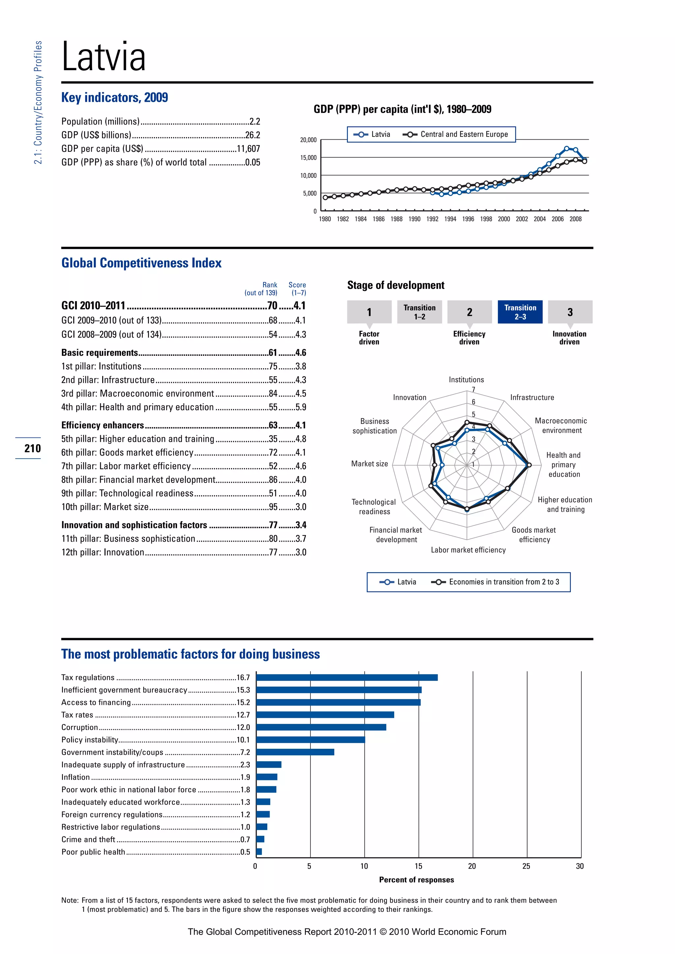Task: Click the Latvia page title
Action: tap(103, 57)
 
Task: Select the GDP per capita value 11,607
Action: tap(248, 149)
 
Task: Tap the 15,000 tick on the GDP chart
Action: tap(308, 157)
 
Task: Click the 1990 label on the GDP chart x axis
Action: tap(414, 219)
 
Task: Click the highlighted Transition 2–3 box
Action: tap(520, 312)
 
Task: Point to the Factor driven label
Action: tap(369, 338)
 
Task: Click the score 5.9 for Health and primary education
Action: tap(301, 407)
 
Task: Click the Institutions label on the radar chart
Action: tap(466, 379)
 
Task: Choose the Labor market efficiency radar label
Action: tap(468, 550)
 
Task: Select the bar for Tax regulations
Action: tap(347, 677)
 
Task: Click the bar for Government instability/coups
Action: tap(295, 752)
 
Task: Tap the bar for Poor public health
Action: tap(259, 852)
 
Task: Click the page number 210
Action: tap(32, 448)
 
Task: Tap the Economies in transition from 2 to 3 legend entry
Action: tap(503, 582)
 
